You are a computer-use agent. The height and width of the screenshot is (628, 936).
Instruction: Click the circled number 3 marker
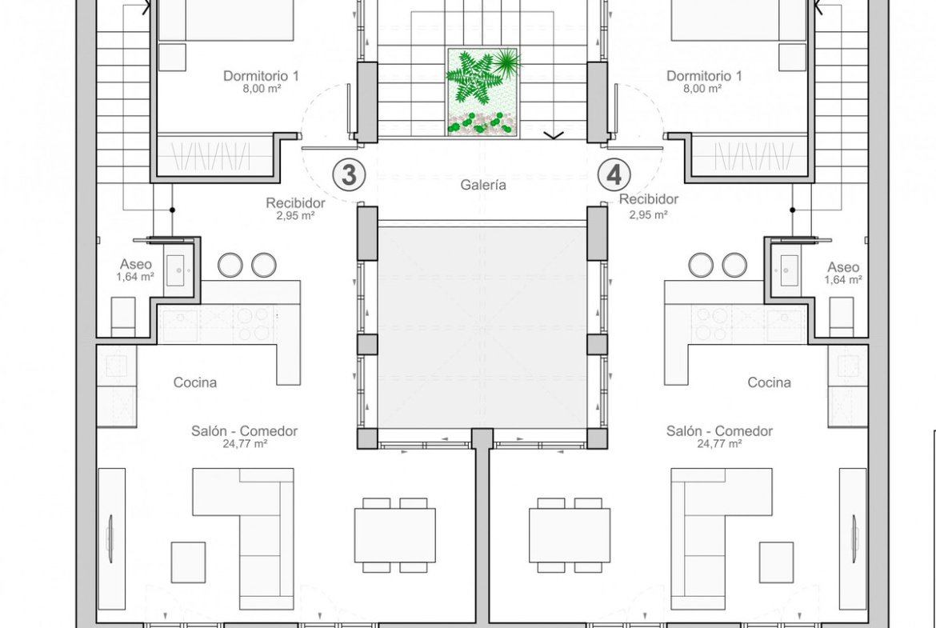click(349, 175)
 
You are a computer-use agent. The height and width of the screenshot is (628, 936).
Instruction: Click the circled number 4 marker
click(614, 175)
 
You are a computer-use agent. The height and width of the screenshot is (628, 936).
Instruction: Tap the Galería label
click(483, 185)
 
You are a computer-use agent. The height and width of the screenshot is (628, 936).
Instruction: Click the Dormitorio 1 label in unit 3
click(261, 76)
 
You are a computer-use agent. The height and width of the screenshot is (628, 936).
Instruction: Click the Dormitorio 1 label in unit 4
click(704, 76)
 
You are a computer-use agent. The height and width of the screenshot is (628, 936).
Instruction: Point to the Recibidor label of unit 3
click(295, 203)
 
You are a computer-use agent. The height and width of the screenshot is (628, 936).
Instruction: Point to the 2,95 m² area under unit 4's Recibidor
click(648, 215)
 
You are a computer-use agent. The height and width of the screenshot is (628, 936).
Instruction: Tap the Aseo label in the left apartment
click(135, 265)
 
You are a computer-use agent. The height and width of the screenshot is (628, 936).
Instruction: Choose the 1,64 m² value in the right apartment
click(843, 280)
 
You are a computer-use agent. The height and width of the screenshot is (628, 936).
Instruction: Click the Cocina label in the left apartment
click(195, 382)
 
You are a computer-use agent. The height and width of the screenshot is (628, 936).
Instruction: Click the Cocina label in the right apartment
click(769, 382)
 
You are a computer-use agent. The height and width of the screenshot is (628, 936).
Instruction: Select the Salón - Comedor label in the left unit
click(244, 431)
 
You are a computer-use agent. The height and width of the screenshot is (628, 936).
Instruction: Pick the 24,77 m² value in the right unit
click(719, 444)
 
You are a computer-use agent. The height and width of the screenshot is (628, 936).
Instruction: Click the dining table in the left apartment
click(395, 535)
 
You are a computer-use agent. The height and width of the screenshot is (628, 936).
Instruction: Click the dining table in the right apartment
click(570, 535)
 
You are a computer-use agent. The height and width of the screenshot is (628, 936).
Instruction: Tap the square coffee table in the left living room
click(189, 562)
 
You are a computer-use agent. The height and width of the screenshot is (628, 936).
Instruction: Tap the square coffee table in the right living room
click(776, 562)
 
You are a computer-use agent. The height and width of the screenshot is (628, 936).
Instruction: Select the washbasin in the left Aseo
click(175, 270)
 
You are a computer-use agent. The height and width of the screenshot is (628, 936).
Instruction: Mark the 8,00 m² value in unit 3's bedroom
click(262, 88)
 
